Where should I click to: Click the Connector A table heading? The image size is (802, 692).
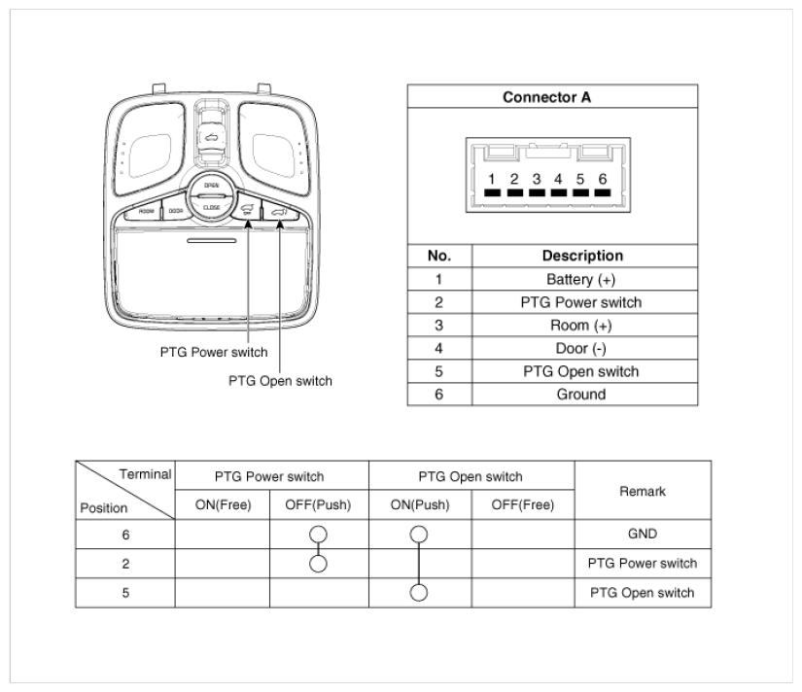click(551, 98)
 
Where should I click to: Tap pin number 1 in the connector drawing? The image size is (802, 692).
click(493, 180)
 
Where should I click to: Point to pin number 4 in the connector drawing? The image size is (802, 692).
click(558, 180)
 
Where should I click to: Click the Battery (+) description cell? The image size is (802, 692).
click(581, 280)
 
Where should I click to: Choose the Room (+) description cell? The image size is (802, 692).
click(581, 326)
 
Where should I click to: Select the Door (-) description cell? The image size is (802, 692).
click(581, 348)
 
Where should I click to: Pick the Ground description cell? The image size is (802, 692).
click(581, 394)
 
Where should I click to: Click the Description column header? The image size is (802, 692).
click(581, 257)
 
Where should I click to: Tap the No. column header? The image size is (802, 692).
click(439, 257)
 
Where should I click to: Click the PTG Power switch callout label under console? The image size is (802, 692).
click(214, 352)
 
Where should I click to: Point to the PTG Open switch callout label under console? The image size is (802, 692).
click(280, 380)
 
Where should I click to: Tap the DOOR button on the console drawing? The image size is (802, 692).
click(176, 210)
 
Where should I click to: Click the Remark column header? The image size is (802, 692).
click(642, 491)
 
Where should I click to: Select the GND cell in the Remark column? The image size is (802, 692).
click(642, 534)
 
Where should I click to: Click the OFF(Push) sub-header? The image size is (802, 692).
click(319, 505)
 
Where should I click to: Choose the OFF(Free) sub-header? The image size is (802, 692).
click(522, 505)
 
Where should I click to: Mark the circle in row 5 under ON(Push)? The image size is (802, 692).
click(419, 593)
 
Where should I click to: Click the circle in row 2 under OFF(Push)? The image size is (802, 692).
click(319, 563)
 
